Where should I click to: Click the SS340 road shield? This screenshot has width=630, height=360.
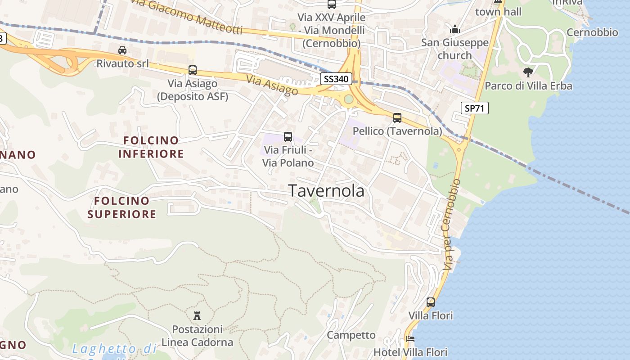tap(336, 79)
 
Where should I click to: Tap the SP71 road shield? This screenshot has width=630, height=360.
tap(474, 108)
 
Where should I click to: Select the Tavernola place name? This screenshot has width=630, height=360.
tap(326, 191)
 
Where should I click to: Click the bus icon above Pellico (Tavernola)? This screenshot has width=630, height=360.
tap(397, 118)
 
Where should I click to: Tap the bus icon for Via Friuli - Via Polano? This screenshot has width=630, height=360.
tap(288, 136)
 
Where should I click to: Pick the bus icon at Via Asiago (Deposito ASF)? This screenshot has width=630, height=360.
tap(193, 70)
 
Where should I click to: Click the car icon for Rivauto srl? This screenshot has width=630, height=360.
tap(122, 50)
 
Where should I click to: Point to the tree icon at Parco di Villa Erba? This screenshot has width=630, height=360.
tap(528, 72)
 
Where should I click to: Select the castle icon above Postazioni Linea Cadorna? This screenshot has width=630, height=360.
tap(197, 315)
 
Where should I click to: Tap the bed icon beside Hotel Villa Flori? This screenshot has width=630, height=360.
tap(410, 339)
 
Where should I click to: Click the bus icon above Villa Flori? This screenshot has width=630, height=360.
tap(431, 302)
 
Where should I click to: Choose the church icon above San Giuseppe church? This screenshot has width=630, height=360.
tap(455, 30)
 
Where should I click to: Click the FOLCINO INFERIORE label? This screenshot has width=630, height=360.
tap(151, 147)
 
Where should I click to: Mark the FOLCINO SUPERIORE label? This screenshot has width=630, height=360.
tap(121, 207)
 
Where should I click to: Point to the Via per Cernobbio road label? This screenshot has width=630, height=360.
tap(452, 225)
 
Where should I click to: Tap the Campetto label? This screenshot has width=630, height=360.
tap(351, 335)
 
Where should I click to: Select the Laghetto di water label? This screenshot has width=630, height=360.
tap(114, 349)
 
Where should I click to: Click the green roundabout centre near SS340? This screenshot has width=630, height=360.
tap(349, 99)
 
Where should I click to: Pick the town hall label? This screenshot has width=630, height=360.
tap(498, 12)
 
